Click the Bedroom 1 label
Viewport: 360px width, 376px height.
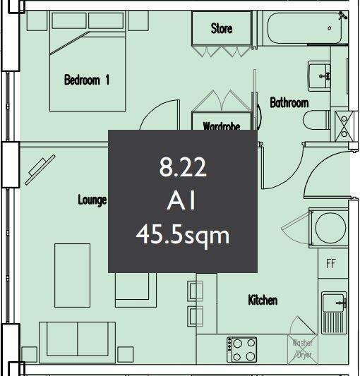coord(87,80)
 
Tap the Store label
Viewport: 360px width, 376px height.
coord(222,29)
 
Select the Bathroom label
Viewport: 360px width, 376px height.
coord(289,103)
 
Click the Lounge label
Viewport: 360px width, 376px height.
coord(92,200)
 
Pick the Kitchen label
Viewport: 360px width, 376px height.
coord(263,301)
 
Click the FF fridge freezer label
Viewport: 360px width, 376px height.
coord(331,265)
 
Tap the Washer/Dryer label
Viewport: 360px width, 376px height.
coord(303,348)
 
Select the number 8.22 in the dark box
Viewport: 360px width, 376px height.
coord(182,168)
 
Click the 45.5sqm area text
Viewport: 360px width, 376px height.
coord(182,234)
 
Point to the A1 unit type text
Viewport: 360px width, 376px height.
coord(182,201)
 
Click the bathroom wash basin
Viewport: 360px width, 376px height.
coord(321,73)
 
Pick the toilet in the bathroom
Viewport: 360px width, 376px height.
coord(317,121)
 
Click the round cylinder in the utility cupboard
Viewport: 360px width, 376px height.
coord(330,227)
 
